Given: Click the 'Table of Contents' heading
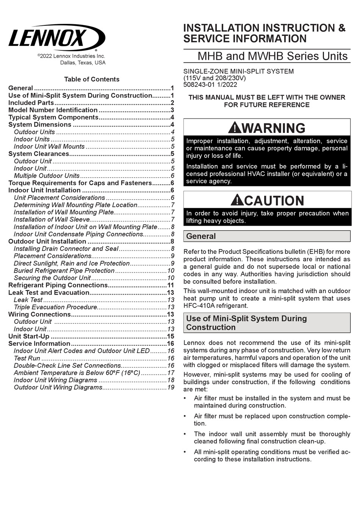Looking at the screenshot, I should tap(92, 79).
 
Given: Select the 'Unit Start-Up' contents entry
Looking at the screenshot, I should tap(29, 336).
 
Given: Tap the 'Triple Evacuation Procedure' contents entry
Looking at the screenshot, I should tap(55, 307).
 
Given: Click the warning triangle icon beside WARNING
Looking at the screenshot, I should tap(235, 128).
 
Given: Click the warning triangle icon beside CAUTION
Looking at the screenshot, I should tap(237, 200).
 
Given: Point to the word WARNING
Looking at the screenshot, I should tap(273, 128).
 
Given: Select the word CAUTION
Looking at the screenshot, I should tap(274, 200).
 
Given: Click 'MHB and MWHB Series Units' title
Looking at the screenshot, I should tap(272, 56).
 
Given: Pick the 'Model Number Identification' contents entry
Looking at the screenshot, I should tap(53, 110).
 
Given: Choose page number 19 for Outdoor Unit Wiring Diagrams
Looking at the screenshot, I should tap(171, 387).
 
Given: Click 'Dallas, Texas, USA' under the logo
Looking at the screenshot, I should tap(83, 63).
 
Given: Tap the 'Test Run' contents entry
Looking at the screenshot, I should tap(27, 358).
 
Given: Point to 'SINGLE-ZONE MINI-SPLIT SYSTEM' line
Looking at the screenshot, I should tap(238, 71).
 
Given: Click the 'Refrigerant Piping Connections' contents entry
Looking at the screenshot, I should tap(58, 285).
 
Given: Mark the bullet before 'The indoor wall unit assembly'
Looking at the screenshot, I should tap(185, 434).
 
